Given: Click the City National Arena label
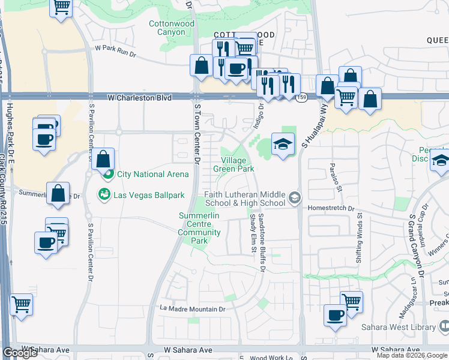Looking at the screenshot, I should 149,174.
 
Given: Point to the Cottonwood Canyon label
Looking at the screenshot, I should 171,28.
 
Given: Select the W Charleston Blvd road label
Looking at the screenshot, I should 139,97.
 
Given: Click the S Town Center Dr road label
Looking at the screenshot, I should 197,132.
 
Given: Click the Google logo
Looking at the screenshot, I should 20,353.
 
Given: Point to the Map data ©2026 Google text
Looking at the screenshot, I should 411,355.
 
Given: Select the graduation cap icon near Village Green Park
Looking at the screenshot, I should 282,144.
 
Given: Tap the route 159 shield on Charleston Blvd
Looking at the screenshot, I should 301,97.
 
